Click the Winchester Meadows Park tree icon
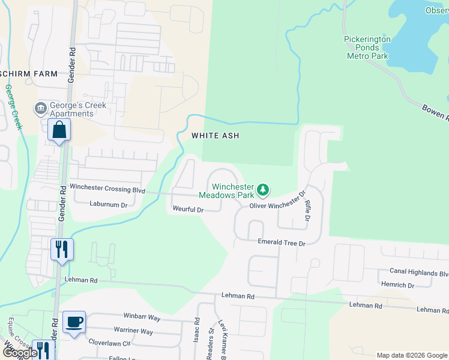pos(262,190)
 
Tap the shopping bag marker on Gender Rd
pos(59,130)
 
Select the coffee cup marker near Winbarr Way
pos(74,322)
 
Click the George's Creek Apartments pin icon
pos(41,109)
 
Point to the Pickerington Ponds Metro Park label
pos(367,47)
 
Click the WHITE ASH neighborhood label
pos(215,136)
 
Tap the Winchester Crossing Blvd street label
pos(107,188)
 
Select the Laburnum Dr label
pos(108,205)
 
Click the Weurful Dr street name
pos(188,210)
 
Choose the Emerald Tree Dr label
pos(282,243)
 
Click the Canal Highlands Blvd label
pos(419,272)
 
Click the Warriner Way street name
pos(134,331)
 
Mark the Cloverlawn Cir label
pos(109,344)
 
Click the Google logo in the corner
pos(20,353)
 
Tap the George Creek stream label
pos(13,107)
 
